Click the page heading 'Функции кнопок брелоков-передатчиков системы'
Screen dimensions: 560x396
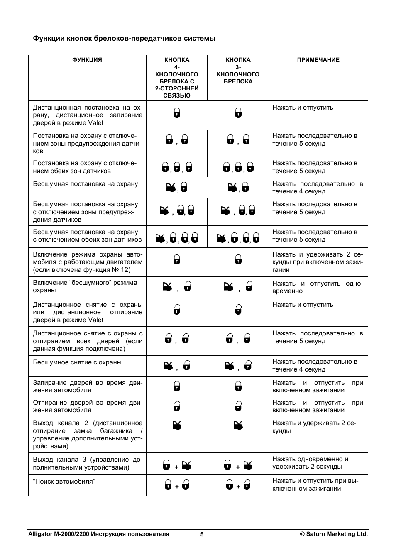[124, 39]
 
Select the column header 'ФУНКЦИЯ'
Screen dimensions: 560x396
[87, 60]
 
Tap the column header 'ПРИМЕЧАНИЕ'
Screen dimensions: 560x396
[318, 60]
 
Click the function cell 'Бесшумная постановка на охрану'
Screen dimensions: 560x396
[86, 184]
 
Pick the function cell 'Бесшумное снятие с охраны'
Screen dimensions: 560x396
[77, 362]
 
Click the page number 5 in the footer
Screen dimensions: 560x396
[202, 534]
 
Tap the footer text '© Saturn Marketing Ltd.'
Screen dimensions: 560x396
[334, 534]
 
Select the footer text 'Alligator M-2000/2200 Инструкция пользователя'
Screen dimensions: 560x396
[98, 534]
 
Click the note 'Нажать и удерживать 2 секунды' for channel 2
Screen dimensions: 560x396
[314, 427]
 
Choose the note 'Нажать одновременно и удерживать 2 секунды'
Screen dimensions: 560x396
[310, 463]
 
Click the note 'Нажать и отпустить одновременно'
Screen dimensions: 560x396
[318, 287]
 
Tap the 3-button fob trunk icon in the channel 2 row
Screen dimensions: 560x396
[238, 425]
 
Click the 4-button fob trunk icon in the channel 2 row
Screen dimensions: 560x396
[177, 425]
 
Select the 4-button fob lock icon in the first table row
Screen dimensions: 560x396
[177, 112]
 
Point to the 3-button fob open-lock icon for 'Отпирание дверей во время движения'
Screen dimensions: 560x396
[238, 406]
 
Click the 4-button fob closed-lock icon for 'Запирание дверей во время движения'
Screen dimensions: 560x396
[177, 386]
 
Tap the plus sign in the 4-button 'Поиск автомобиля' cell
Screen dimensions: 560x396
[177, 487]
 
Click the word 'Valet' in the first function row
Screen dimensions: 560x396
[96, 123]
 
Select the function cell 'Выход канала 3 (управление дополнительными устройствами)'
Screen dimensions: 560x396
[87, 463]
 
